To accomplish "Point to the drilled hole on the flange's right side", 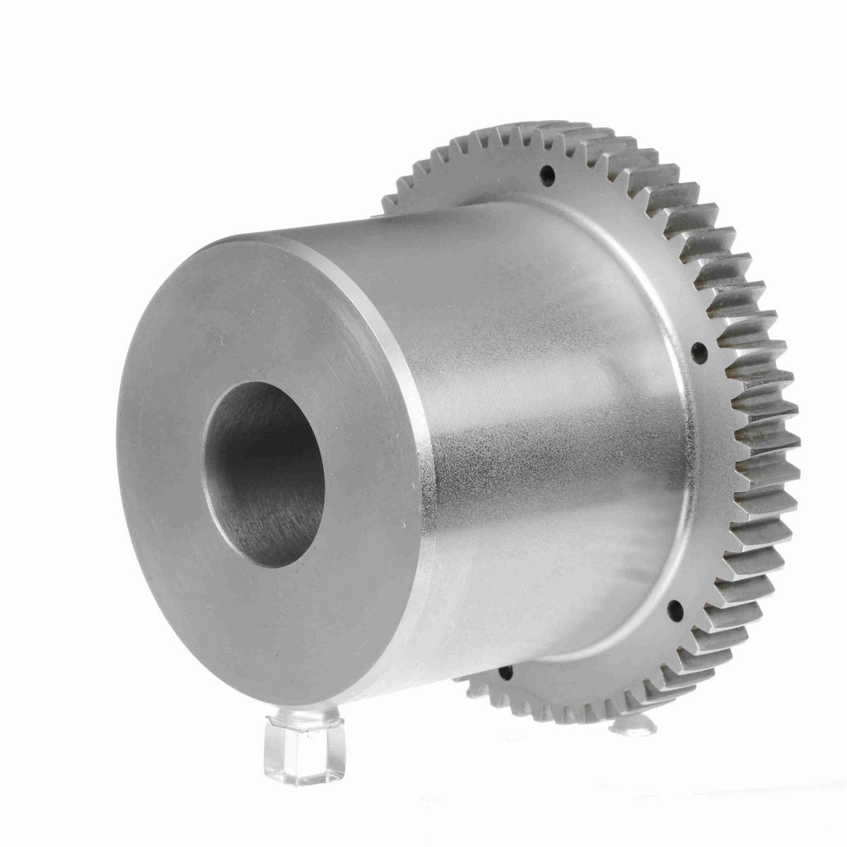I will pyautogui.click(x=699, y=351).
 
